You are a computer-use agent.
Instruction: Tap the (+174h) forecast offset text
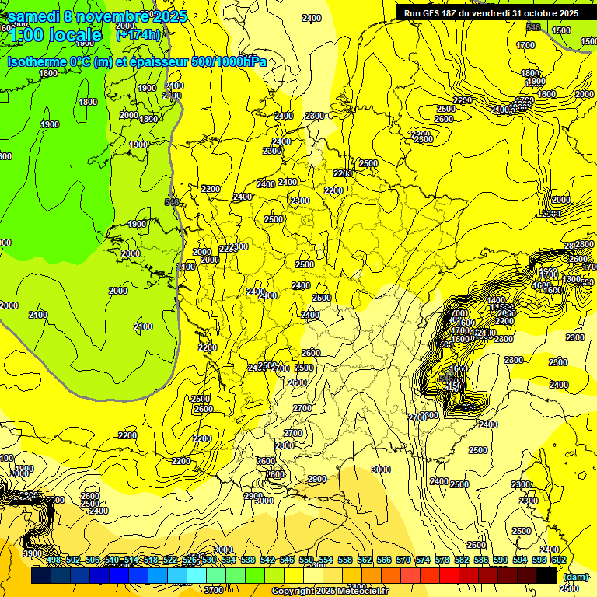[138, 35]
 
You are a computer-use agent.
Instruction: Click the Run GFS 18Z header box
[491, 12]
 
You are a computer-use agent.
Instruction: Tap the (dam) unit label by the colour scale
[576, 577]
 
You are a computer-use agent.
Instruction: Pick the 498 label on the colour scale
[53, 560]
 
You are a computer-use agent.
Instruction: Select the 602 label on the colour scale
[558, 560]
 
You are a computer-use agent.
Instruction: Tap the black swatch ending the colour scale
[546, 575]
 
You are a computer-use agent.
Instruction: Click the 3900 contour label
[33, 553]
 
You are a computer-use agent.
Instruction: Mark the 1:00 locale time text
[54, 35]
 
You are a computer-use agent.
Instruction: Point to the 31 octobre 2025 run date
[539, 12]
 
